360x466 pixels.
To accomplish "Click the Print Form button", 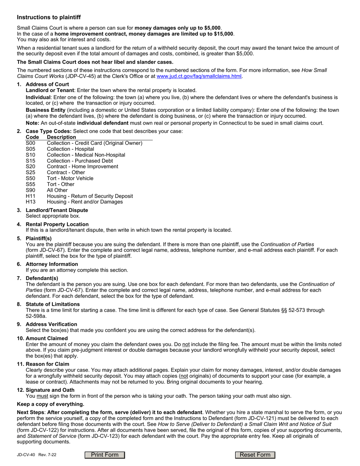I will point(105,455).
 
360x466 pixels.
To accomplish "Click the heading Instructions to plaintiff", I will point(49,17).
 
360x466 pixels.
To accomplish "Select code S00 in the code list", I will point(30,143).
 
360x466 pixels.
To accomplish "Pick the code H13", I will point(30,202).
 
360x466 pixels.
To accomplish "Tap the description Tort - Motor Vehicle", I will point(70,178).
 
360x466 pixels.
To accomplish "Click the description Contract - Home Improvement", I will point(82,167).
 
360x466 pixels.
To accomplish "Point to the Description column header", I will point(61,137).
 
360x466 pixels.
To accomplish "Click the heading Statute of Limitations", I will point(53,304).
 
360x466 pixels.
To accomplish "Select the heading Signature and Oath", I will point(50,390).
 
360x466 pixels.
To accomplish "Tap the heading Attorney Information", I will point(52,264).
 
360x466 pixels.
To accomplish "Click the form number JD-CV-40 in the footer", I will point(25,455).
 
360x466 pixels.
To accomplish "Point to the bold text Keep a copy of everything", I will point(50,404).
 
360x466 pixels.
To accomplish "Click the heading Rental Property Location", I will point(57,224).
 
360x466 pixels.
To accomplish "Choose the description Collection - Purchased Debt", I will point(80,161).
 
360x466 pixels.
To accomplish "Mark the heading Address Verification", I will point(51,324).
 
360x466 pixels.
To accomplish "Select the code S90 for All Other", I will point(30,190).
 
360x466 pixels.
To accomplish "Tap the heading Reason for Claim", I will point(47,364).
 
